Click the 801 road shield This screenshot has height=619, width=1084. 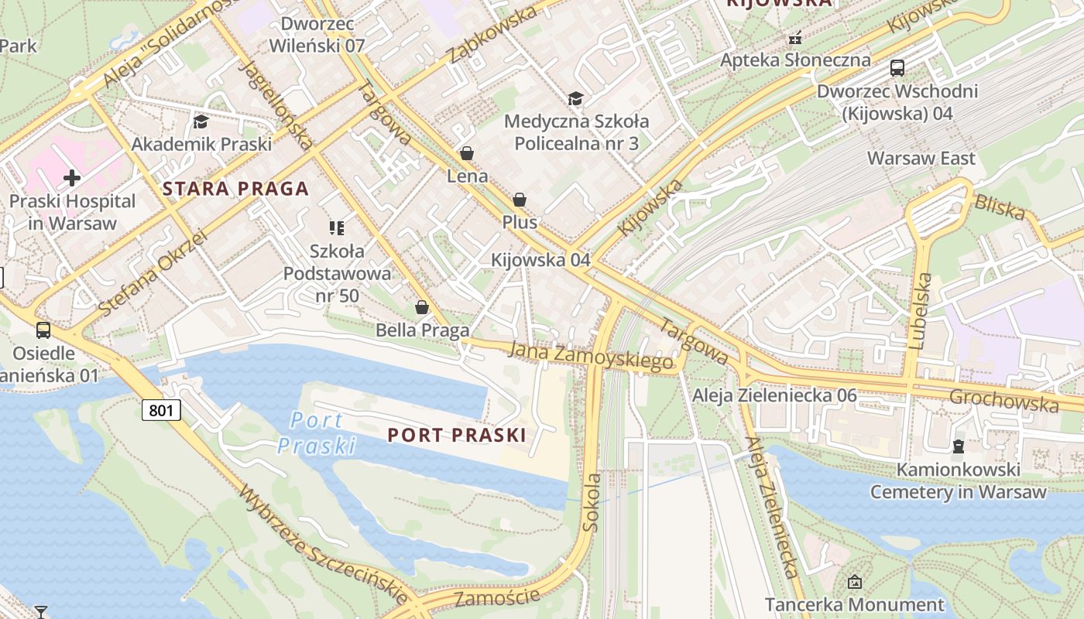[x=161, y=409]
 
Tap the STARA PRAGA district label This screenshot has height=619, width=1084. [x=235, y=189]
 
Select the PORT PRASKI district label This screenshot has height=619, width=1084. [x=457, y=435]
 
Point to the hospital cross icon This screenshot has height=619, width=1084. [x=72, y=179]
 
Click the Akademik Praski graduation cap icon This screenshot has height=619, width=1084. [x=201, y=121]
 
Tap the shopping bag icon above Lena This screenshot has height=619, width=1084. [x=467, y=153]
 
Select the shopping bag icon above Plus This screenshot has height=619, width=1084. [x=520, y=200]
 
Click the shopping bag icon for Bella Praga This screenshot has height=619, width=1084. [x=422, y=307]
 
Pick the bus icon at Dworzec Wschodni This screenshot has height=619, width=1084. [x=897, y=68]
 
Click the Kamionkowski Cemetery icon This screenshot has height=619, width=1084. [x=958, y=446]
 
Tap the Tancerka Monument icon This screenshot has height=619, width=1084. [x=855, y=581]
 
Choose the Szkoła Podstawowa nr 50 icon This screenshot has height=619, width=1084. [x=337, y=227]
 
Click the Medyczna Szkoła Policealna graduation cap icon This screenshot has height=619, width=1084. [x=575, y=98]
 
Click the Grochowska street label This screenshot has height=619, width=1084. [x=1003, y=400]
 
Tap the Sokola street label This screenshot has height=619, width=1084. [x=592, y=502]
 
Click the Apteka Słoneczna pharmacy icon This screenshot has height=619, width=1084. [x=794, y=37]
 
